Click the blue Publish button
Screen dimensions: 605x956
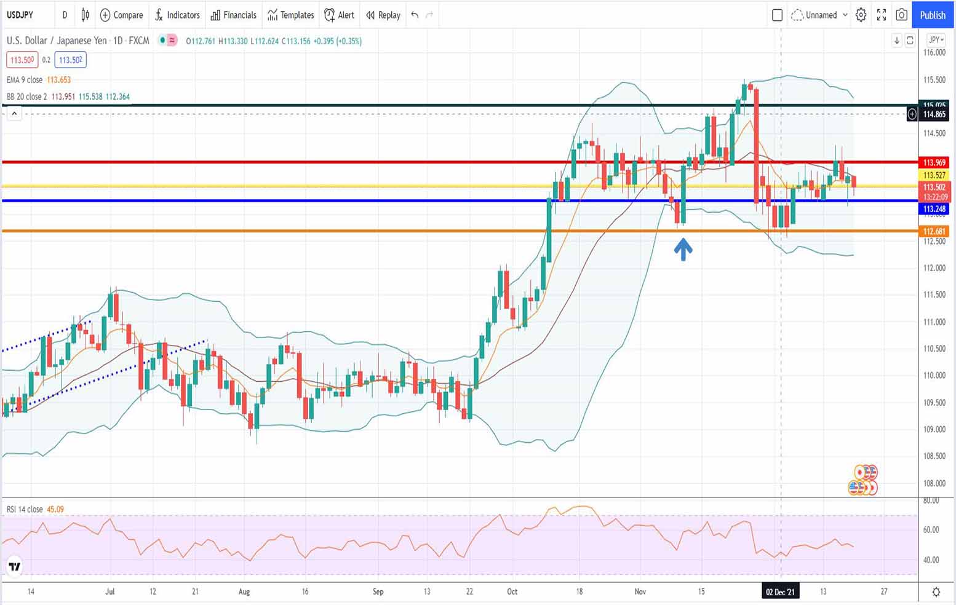point(932,15)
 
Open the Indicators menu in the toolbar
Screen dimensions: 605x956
point(177,15)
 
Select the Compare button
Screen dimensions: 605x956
point(121,15)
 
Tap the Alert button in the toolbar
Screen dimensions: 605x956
point(339,15)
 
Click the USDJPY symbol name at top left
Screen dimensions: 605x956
point(20,15)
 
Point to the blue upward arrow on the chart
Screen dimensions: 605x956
point(683,249)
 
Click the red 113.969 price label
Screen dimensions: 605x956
point(934,162)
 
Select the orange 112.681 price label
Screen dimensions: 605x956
point(934,231)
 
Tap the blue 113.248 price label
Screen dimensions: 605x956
point(934,209)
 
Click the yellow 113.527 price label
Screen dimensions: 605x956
point(934,175)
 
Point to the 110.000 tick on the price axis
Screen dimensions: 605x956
point(934,375)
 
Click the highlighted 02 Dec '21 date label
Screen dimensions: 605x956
point(780,591)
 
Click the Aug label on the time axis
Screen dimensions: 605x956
point(244,591)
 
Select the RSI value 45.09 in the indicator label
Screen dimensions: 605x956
point(55,509)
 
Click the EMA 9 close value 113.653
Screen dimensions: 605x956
point(59,80)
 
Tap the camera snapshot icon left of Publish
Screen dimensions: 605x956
point(901,15)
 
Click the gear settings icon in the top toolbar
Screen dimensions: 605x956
point(861,15)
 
